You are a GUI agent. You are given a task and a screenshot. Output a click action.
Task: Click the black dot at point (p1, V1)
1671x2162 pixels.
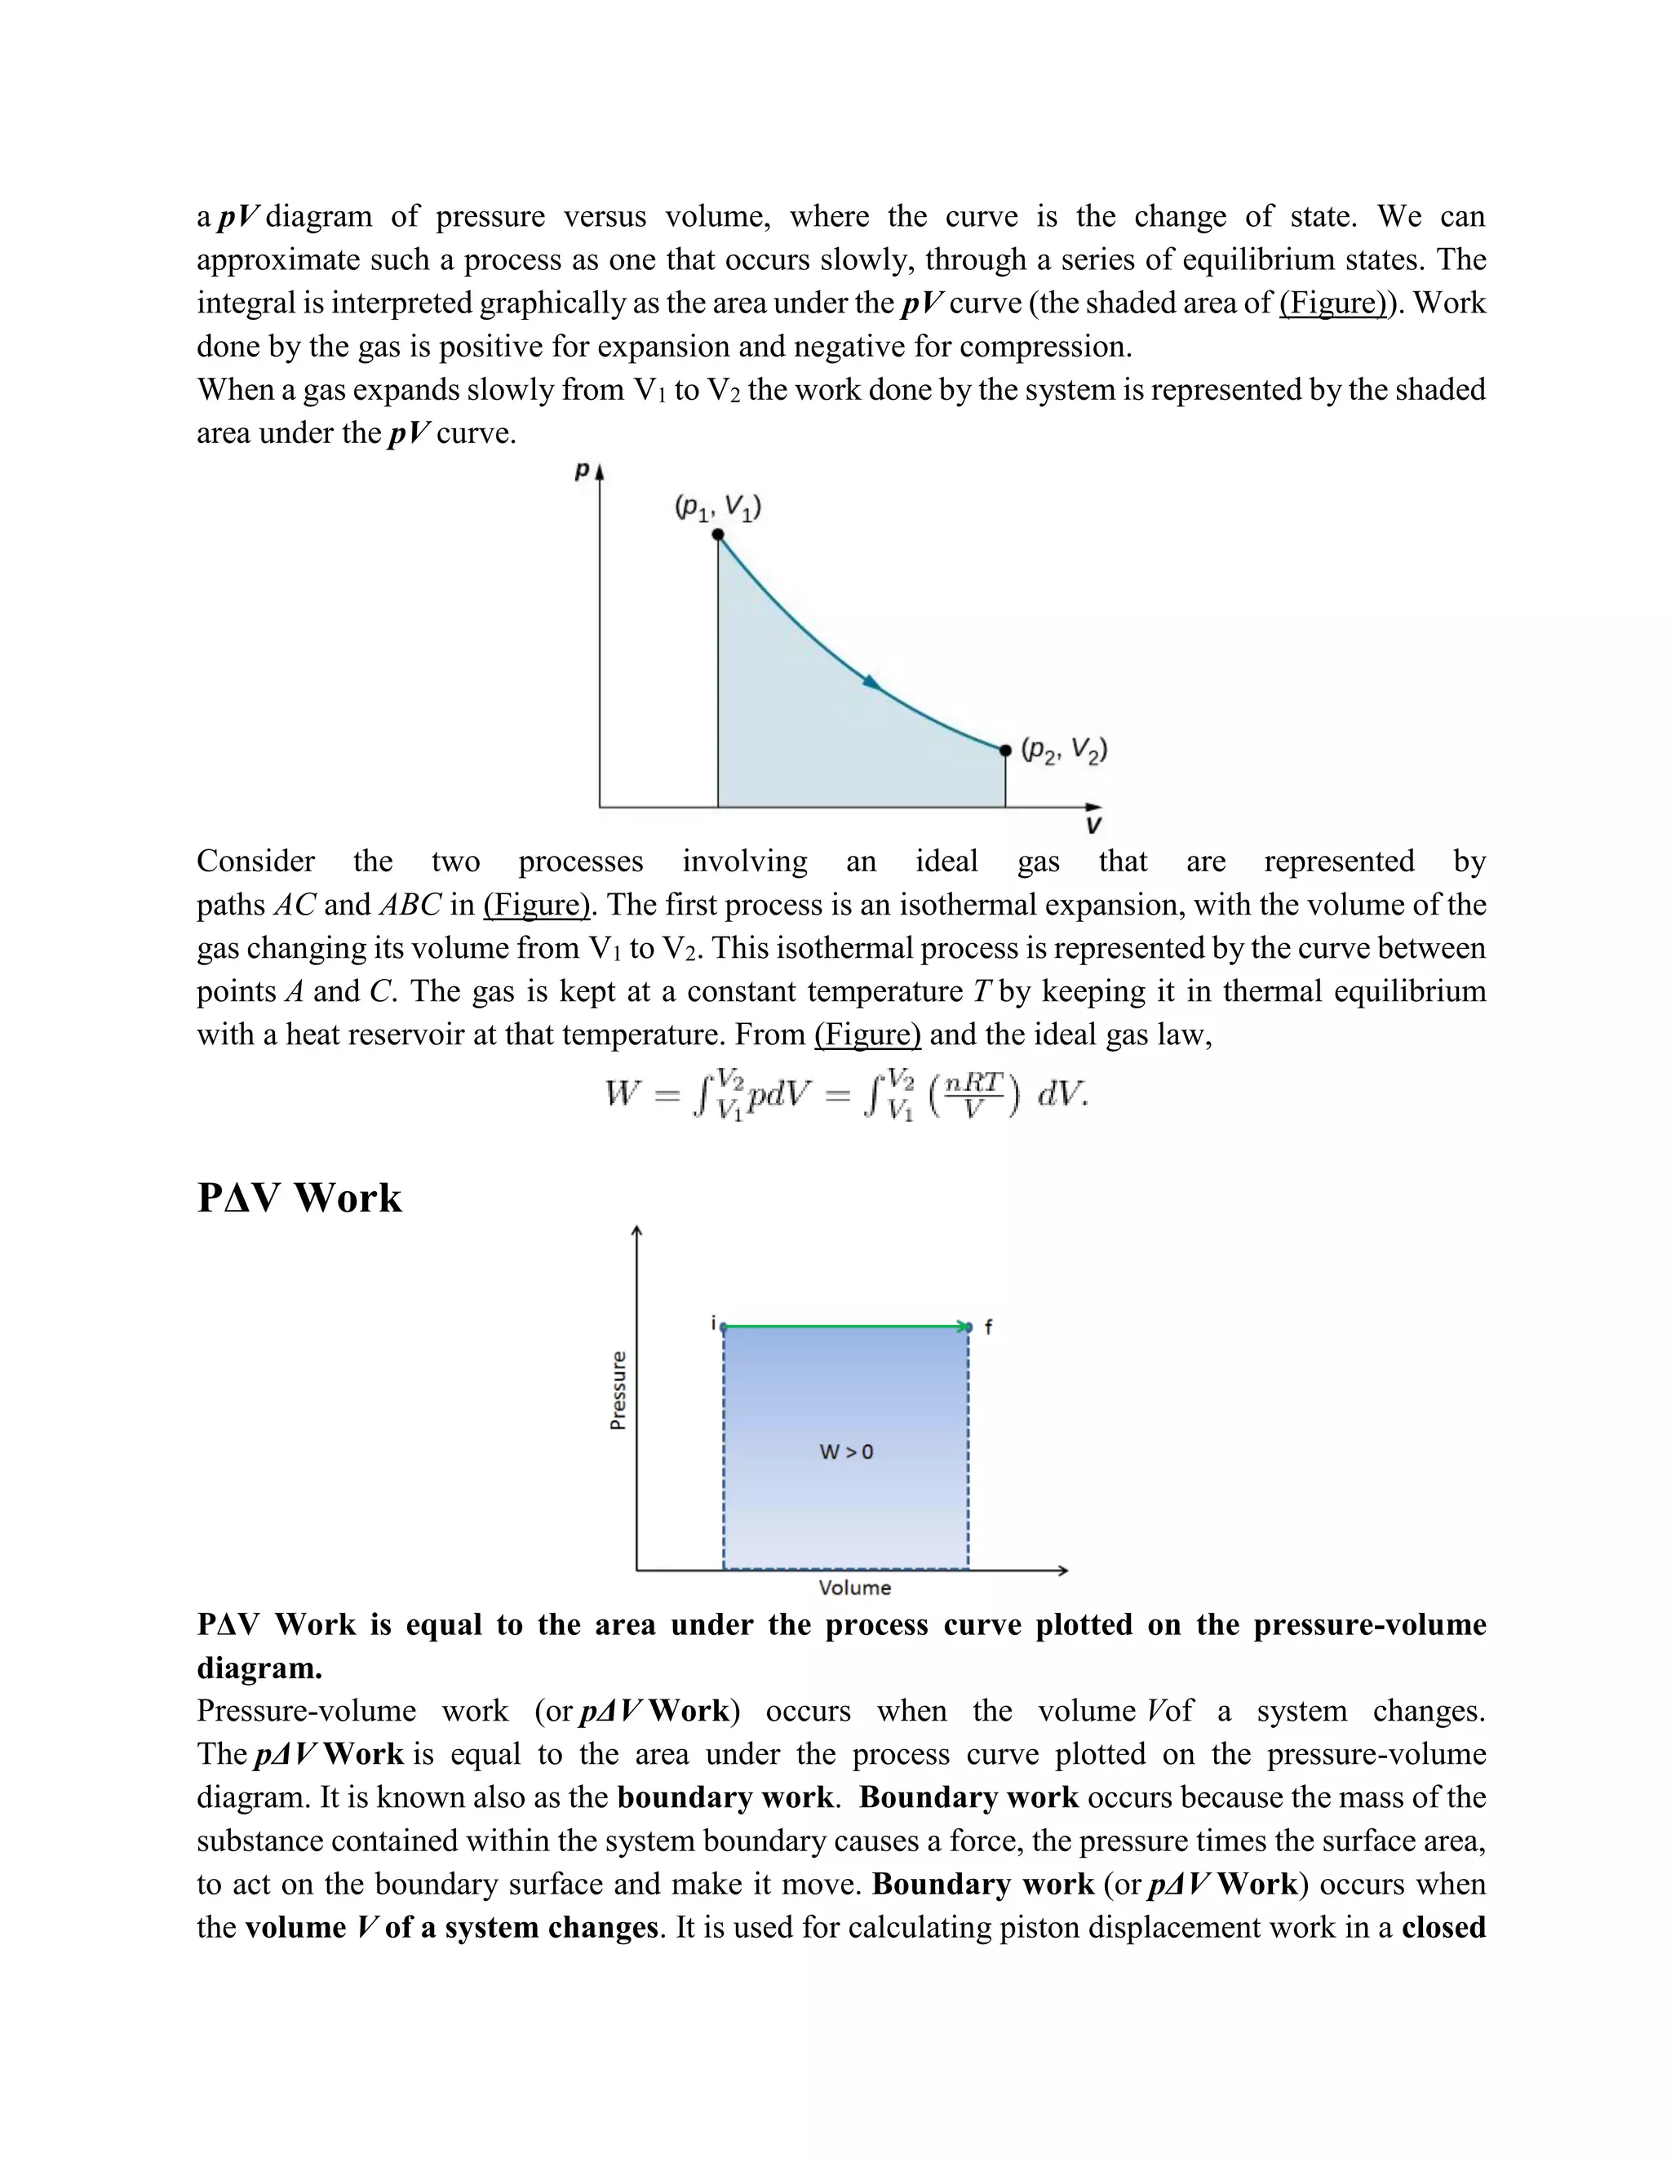[719, 534]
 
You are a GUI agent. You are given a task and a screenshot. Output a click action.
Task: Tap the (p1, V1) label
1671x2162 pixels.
[718, 507]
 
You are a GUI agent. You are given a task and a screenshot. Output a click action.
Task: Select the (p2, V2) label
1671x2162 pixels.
[1064, 751]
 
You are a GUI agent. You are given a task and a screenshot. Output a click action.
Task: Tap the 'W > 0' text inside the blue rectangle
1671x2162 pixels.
[846, 1452]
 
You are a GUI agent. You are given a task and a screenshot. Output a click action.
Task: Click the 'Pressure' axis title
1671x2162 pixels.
[618, 1391]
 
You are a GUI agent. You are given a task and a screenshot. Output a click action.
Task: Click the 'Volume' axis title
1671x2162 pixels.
[854, 1588]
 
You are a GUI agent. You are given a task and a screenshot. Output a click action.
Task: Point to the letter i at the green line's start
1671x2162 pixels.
[713, 1322]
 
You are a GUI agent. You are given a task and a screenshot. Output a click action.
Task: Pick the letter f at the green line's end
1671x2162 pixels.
[988, 1327]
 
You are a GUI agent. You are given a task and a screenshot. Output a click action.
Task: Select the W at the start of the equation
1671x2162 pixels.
[620, 1094]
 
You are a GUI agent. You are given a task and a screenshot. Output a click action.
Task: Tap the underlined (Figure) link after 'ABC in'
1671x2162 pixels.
[535, 905]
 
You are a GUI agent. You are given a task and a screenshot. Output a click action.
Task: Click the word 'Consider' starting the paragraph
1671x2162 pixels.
[255, 862]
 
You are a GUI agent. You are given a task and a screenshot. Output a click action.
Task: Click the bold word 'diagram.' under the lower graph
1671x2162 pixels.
[259, 1668]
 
